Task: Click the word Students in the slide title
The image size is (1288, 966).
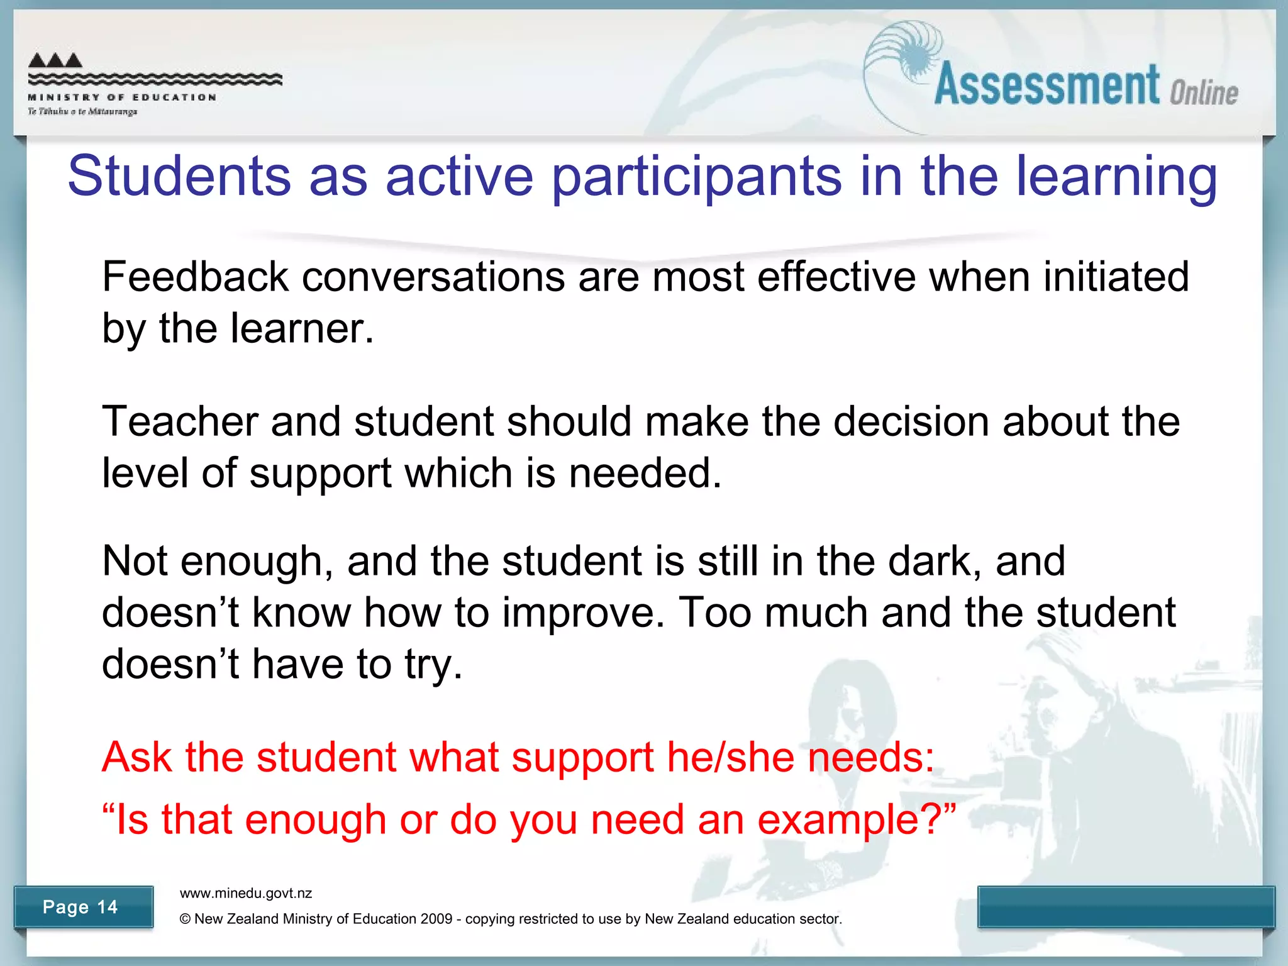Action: point(179,176)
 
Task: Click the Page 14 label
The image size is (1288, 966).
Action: point(80,907)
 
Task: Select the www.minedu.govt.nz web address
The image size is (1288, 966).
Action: point(246,893)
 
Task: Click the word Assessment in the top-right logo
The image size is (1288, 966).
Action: point(1047,85)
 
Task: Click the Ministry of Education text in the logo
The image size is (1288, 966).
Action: point(123,97)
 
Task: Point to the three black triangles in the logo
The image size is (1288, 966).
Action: point(55,60)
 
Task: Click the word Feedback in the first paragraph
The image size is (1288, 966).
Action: point(195,277)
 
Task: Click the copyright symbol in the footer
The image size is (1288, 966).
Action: point(185,919)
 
